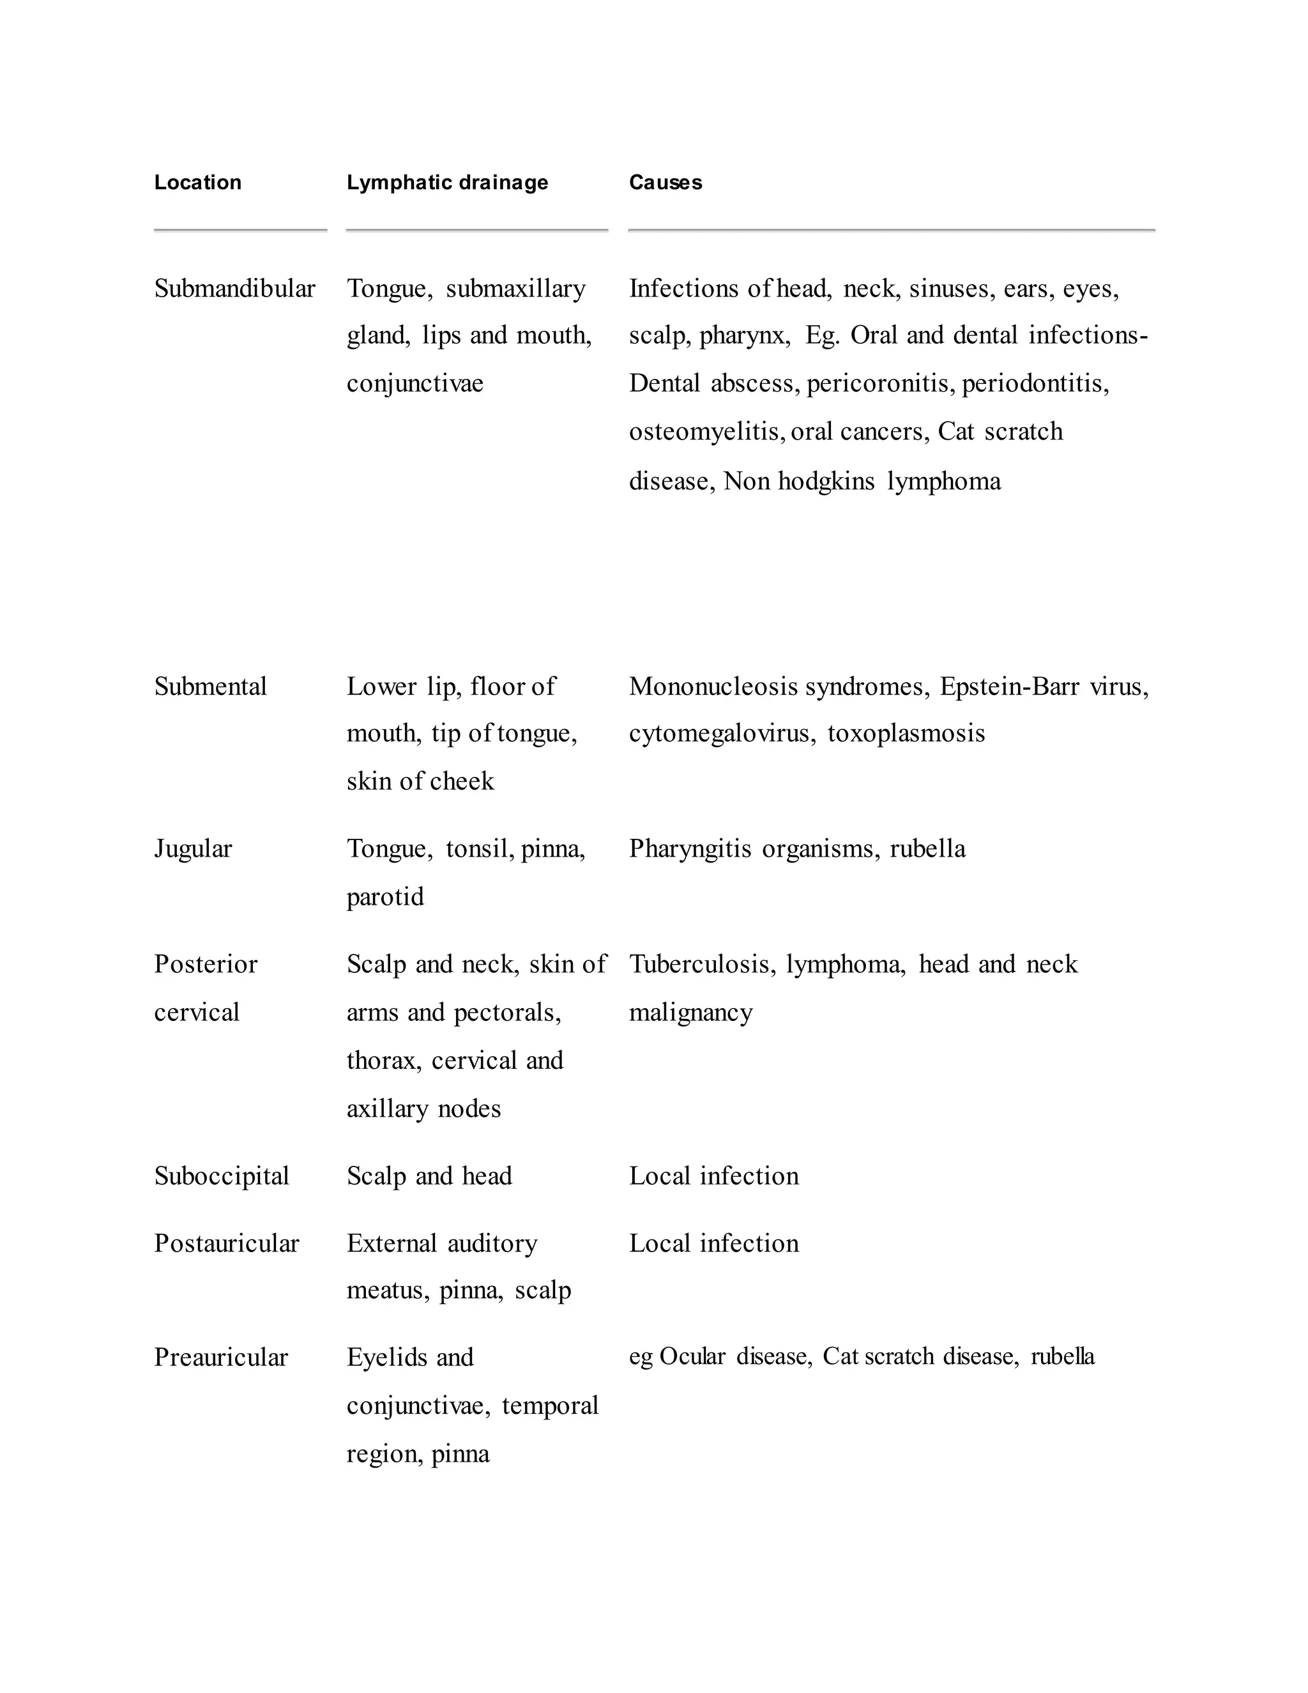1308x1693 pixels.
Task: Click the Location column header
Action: click(x=197, y=183)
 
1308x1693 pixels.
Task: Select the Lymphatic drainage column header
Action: click(x=447, y=183)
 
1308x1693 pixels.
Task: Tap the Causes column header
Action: click(x=665, y=183)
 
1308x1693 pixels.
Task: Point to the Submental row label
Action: click(x=210, y=687)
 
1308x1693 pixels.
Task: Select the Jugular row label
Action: click(x=192, y=849)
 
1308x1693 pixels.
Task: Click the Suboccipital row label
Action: click(x=221, y=1176)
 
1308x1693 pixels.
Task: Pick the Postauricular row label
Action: click(x=226, y=1243)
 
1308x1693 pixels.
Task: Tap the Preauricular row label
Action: click(x=221, y=1358)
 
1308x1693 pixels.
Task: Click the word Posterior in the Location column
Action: click(x=206, y=964)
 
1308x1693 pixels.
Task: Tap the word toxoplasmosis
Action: click(x=906, y=734)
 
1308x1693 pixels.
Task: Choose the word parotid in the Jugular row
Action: click(x=385, y=898)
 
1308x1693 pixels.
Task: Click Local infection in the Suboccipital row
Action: click(x=713, y=1176)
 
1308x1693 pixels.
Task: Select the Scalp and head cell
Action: click(x=429, y=1176)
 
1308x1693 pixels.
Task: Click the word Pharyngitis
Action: click(x=690, y=849)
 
